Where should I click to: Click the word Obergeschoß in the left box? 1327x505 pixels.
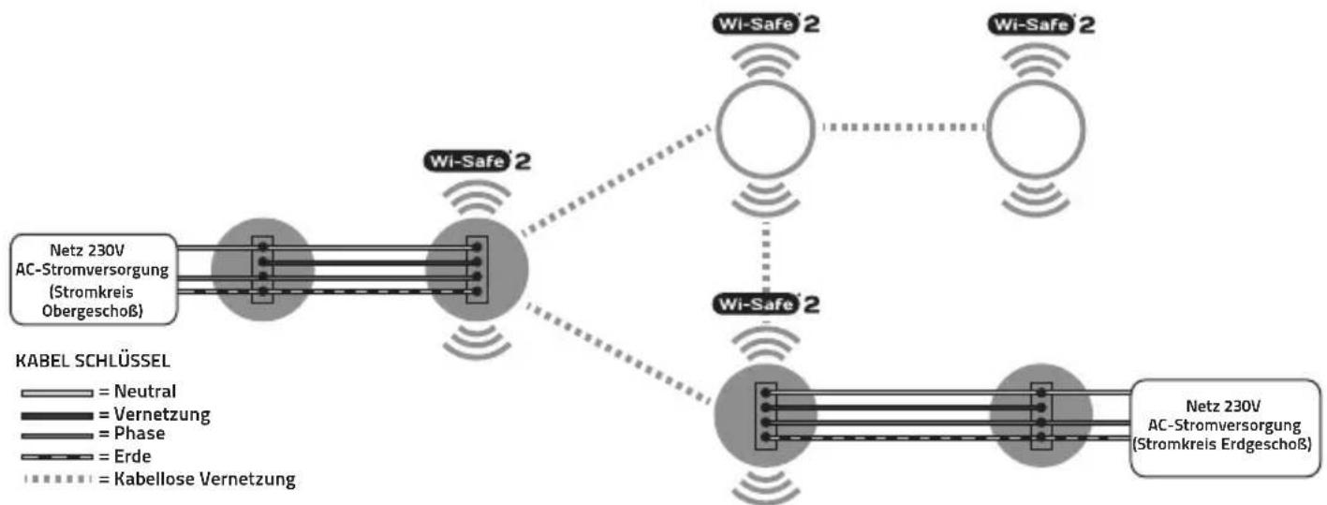click(93, 311)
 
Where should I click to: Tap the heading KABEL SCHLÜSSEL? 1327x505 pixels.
click(93, 361)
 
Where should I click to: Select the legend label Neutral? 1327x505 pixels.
click(145, 392)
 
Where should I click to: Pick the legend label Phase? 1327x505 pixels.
click(140, 433)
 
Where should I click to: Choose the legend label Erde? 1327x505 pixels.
click(132, 456)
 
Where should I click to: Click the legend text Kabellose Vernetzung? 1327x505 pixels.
click(204, 479)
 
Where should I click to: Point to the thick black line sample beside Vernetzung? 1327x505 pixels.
click(57, 415)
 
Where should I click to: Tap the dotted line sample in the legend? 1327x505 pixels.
click(57, 479)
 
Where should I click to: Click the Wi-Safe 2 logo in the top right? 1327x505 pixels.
click(1040, 25)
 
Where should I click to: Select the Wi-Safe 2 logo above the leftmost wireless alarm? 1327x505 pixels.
click(477, 161)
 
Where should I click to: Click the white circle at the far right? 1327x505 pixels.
click(1036, 128)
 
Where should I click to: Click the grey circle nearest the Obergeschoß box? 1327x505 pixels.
click(262, 270)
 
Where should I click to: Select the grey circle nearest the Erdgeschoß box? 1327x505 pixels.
click(1041, 415)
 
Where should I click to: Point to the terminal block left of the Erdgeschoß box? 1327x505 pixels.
click(1041, 416)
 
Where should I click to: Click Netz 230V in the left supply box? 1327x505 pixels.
click(87, 250)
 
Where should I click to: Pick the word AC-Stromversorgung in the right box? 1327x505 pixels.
click(1224, 425)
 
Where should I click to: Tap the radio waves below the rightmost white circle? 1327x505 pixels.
click(1036, 200)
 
